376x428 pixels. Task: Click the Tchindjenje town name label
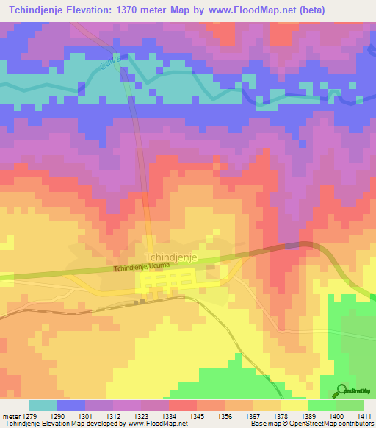171,257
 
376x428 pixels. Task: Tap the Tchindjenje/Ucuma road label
142,268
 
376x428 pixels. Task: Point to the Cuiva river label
109,63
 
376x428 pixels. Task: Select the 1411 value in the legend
364,416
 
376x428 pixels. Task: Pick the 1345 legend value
197,416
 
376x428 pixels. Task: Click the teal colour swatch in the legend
43,405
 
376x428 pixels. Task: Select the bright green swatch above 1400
322,405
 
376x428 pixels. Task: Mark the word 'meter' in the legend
9,416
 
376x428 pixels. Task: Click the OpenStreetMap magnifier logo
341,390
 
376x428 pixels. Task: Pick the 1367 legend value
253,416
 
